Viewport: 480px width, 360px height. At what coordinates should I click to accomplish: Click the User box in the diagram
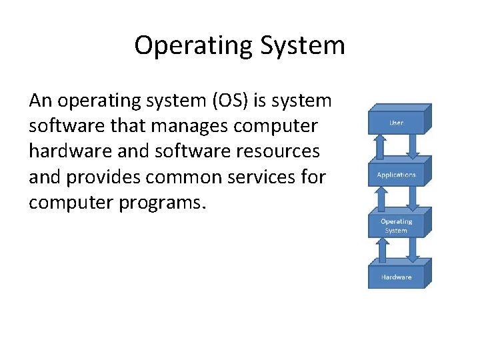point(396,123)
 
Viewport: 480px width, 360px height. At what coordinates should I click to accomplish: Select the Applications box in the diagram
point(396,175)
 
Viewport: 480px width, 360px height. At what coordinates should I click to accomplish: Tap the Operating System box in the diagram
point(396,226)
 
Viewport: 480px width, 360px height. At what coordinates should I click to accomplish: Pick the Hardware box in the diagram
point(396,277)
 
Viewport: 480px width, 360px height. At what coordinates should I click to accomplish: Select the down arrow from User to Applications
point(412,145)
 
